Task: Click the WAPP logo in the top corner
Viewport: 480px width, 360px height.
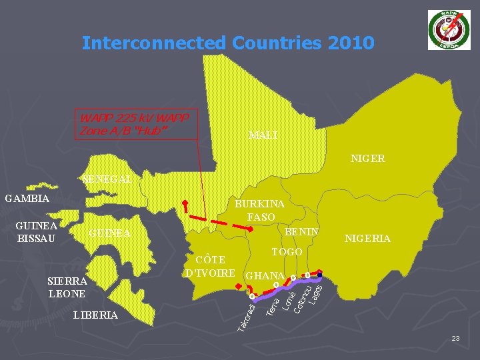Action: (x=449, y=30)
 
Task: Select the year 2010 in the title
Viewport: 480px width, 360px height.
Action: (x=351, y=43)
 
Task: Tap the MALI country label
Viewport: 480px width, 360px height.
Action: (x=263, y=135)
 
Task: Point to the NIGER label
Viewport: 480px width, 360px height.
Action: (x=368, y=159)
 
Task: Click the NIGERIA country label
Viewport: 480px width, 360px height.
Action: (x=367, y=239)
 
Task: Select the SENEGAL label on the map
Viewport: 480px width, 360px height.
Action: (x=107, y=179)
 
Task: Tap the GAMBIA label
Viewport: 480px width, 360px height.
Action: (x=27, y=198)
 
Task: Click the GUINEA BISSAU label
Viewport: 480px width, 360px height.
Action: (x=37, y=231)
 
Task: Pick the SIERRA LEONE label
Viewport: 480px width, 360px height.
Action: (x=67, y=287)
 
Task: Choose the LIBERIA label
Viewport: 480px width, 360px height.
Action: (x=96, y=315)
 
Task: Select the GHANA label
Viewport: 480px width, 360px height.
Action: (x=265, y=275)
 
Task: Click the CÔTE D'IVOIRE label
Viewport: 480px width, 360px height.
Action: (x=210, y=266)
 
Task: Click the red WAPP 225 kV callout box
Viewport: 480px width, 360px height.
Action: (x=137, y=124)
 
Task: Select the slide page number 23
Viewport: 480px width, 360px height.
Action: (x=455, y=339)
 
